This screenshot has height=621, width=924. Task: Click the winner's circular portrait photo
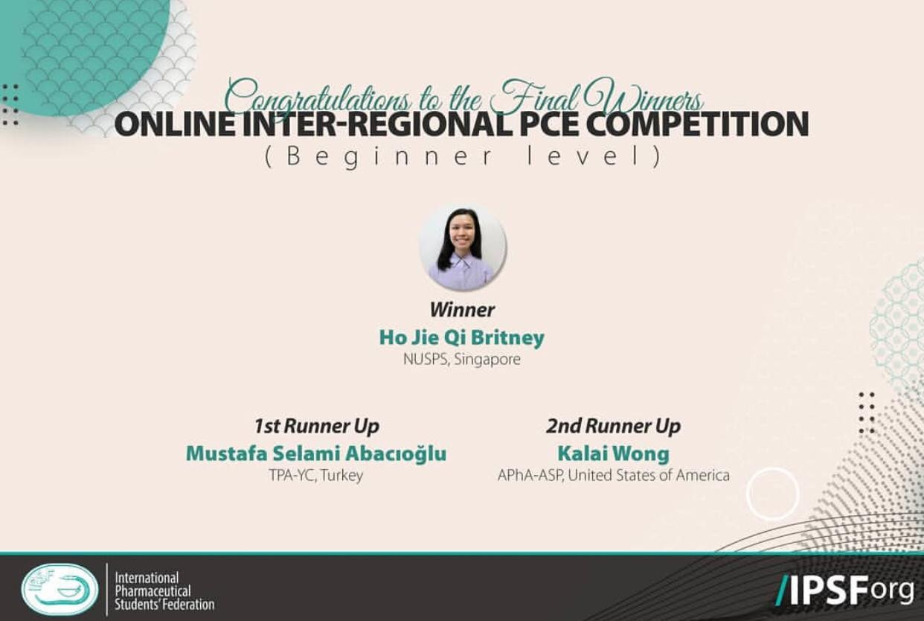[463, 247]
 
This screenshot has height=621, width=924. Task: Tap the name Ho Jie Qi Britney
[461, 337]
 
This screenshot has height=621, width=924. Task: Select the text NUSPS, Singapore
[461, 359]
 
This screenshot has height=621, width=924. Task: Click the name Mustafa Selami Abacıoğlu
[316, 453]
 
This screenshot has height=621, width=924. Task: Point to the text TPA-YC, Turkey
[316, 475]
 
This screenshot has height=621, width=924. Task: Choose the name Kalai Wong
[613, 453]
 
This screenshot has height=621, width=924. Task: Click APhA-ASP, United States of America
[613, 475]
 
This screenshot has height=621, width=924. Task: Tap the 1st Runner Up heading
[316, 426]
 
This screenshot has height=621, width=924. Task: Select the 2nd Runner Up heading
[613, 426]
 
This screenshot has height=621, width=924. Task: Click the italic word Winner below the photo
[462, 310]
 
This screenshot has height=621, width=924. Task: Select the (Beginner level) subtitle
[463, 157]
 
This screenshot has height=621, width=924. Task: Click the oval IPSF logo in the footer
[60, 589]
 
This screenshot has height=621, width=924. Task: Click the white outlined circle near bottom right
[773, 494]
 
